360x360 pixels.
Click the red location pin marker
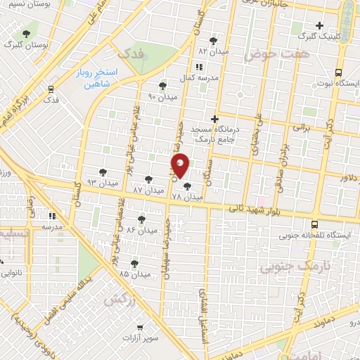180,166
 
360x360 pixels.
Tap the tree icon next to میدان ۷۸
186,186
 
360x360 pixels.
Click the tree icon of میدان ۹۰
162,85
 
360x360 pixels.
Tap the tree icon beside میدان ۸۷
148,179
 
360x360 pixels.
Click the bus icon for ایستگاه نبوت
338,72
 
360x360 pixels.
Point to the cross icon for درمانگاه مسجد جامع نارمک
215,119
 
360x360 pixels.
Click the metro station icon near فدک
51,89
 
